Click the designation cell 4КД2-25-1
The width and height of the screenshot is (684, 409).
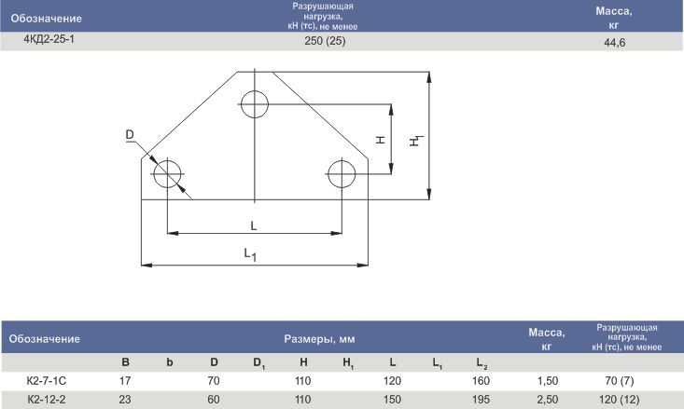49,39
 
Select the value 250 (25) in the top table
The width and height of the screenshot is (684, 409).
325,41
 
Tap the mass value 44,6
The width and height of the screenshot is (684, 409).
615,42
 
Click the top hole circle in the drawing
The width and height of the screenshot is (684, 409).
255,91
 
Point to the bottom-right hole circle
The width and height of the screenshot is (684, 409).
342,161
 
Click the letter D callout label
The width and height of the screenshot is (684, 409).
130,134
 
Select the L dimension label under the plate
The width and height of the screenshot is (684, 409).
254,225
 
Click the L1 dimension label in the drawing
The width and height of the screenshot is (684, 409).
250,254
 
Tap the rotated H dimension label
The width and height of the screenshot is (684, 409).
381,140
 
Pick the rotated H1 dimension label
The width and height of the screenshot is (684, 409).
416,141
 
